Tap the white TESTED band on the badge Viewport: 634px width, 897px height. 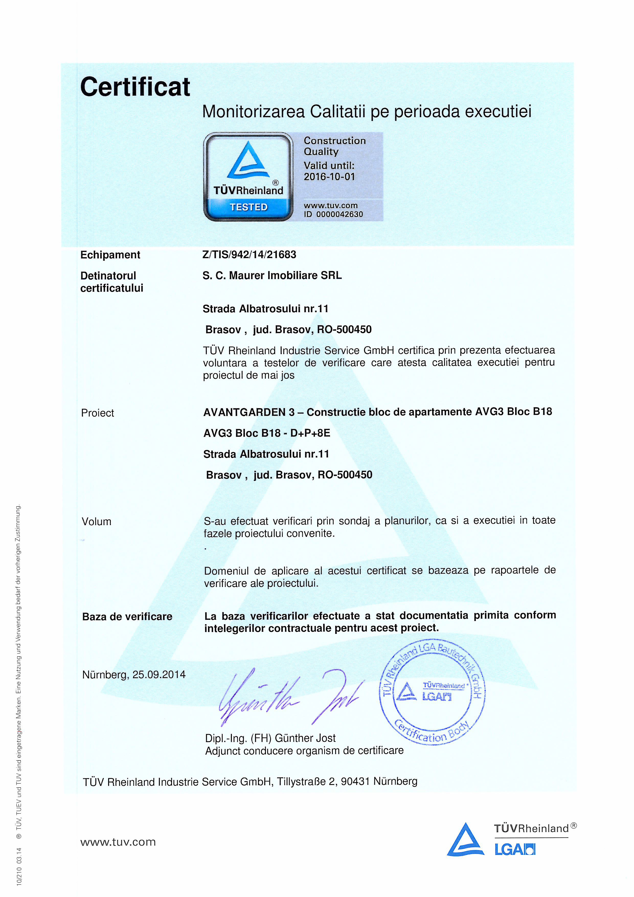pyautogui.click(x=248, y=207)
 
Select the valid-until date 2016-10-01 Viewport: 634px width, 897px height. pyautogui.click(x=329, y=177)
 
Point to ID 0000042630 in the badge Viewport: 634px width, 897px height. pyautogui.click(x=333, y=214)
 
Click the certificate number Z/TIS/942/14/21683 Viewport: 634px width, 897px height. pyautogui.click(x=249, y=255)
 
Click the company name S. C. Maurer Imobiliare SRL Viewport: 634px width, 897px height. pyautogui.click(x=272, y=275)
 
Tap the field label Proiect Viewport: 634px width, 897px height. pyautogui.click(x=97, y=413)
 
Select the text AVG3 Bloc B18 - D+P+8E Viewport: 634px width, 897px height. pyautogui.click(x=267, y=433)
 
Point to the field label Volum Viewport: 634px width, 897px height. pyautogui.click(x=96, y=522)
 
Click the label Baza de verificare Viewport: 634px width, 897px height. pyautogui.click(x=127, y=616)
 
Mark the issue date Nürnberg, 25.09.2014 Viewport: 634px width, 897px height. pyautogui.click(x=134, y=675)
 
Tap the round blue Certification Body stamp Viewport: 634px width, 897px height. pyautogui.click(x=432, y=693)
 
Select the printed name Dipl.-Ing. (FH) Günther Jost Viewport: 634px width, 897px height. pyautogui.click(x=270, y=738)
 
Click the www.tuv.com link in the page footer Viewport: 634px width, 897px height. pyautogui.click(x=118, y=842)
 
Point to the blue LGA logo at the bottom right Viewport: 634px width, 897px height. pyautogui.click(x=514, y=849)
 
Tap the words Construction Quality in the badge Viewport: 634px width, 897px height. pyautogui.click(x=334, y=146)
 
